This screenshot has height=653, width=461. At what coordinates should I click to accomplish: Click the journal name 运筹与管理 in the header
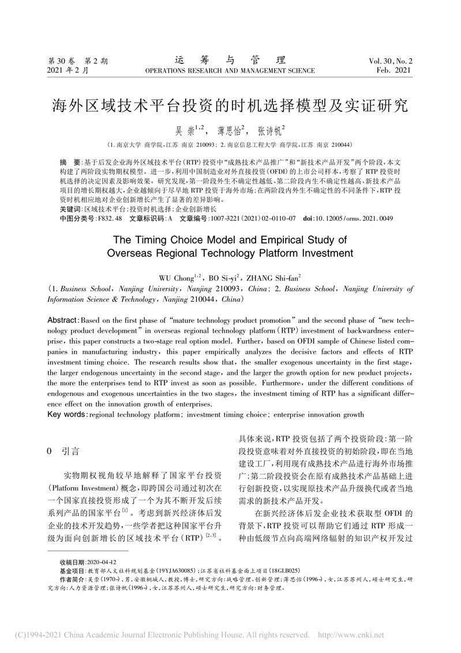[x=230, y=60]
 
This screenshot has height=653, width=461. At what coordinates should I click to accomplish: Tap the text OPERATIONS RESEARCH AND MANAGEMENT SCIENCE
[x=230, y=71]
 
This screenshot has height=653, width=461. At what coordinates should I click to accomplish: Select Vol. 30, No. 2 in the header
[x=391, y=61]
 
